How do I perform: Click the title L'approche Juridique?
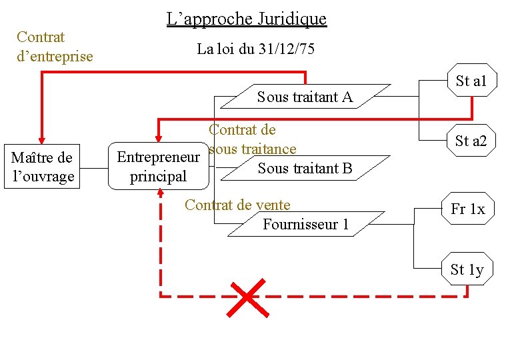coord(247,19)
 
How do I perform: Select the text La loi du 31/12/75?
coord(256,49)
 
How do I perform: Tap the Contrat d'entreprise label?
coord(55,46)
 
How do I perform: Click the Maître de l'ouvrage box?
coord(42,167)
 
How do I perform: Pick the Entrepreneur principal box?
coord(159,167)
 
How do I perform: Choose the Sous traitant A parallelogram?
coord(305,97)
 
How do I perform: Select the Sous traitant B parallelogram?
coord(305,168)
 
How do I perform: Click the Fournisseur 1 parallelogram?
coord(306,224)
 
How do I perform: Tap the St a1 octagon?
coord(471,81)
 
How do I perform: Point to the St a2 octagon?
coord(471,141)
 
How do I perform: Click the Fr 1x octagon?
coord(468,209)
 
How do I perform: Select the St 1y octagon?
coord(467,269)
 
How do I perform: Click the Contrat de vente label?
coord(237,205)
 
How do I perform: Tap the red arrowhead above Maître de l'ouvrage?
coord(42,137)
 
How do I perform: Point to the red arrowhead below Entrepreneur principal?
coord(161,194)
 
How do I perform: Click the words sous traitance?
coord(252,149)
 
